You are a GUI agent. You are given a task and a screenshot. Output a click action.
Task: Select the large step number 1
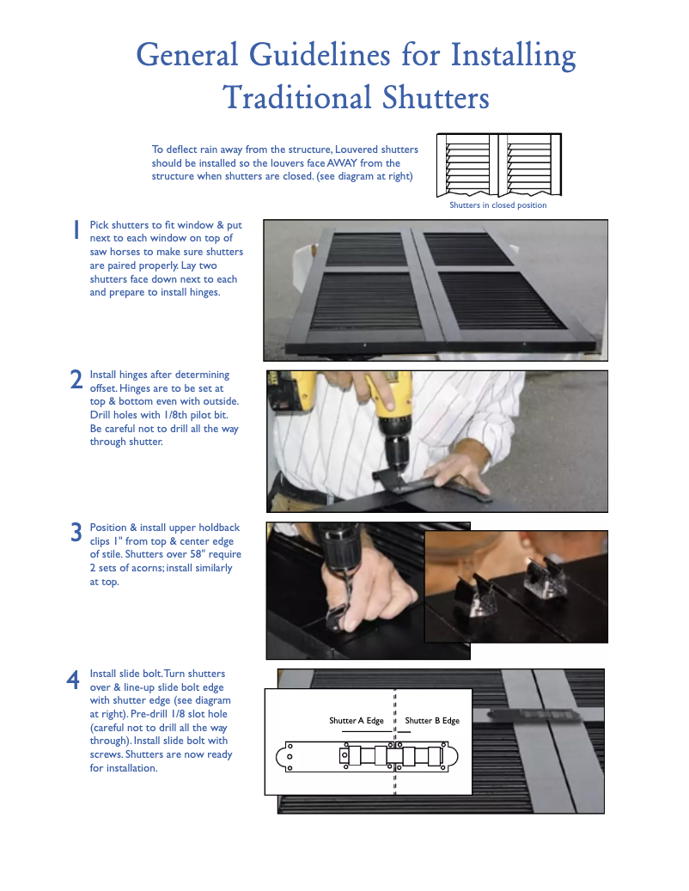click(76, 229)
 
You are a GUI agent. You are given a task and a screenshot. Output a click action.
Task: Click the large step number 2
click(76, 380)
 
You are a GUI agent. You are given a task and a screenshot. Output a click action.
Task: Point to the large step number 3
click(76, 532)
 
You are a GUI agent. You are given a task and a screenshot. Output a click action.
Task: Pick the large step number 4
click(74, 679)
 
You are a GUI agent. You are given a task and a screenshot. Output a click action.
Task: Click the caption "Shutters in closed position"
click(497, 205)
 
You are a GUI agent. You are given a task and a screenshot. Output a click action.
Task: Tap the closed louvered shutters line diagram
click(498, 165)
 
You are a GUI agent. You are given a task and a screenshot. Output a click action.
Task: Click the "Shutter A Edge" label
click(356, 721)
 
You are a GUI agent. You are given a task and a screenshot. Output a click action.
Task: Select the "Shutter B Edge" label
click(432, 721)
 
